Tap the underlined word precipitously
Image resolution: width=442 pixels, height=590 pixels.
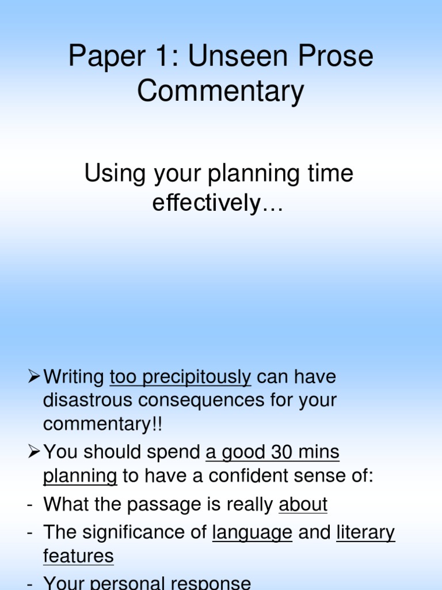(180, 377)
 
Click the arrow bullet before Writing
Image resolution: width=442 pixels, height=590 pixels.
(33, 377)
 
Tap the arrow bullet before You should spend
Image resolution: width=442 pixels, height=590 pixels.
(33, 453)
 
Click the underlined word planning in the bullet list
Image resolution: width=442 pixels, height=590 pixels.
(80, 476)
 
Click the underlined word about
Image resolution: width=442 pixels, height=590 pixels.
(303, 505)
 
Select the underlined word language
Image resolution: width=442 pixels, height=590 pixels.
(252, 532)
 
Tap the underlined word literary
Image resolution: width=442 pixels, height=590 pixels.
(365, 532)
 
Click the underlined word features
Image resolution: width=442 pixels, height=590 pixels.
(78, 556)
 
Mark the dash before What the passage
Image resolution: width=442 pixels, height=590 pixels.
(29, 505)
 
